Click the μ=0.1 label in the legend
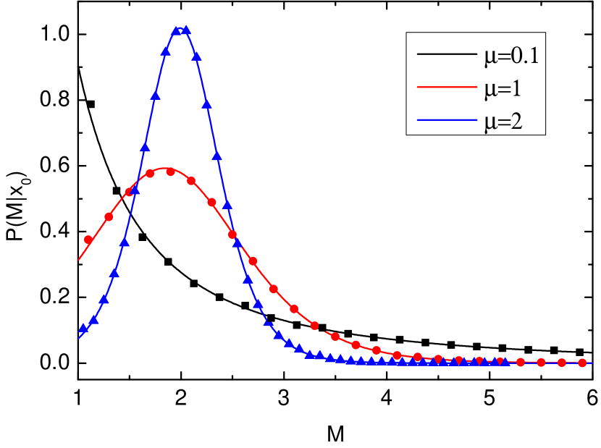(511, 56)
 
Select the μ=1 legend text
(503, 90)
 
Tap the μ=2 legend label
(503, 122)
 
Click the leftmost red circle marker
(88, 240)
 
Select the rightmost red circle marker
(581, 362)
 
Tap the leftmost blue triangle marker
(83, 329)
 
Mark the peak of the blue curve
(182, 29)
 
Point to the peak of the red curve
(168, 169)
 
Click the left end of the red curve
(79, 259)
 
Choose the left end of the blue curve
(79, 337)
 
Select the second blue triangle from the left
(93, 318)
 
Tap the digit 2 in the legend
(518, 122)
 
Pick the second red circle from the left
(109, 216)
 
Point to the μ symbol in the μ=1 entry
(489, 91)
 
